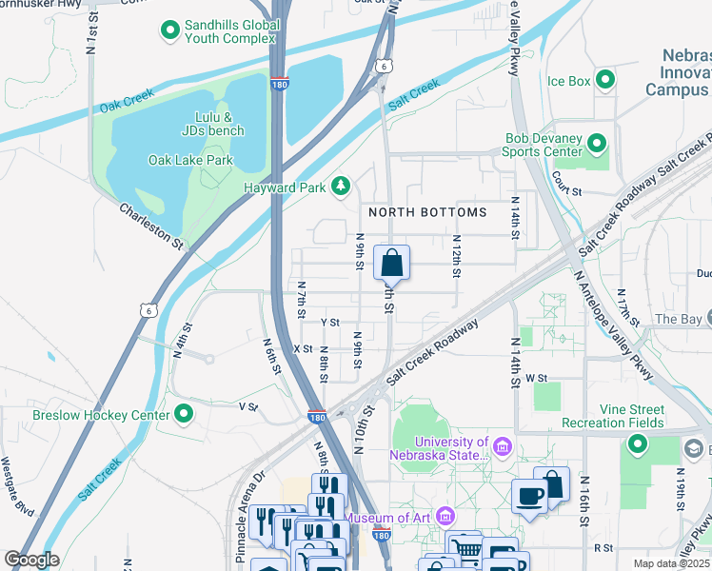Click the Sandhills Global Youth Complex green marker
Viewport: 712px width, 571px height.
pyautogui.click(x=170, y=31)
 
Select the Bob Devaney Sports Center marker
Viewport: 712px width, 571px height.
pyautogui.click(x=597, y=144)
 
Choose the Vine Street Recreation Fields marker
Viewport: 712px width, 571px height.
pyautogui.click(x=637, y=443)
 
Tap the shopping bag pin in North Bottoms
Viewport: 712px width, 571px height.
pyautogui.click(x=391, y=262)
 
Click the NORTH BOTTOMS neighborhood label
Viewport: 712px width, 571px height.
pyautogui.click(x=427, y=212)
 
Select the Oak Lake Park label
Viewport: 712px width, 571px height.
pyautogui.click(x=190, y=160)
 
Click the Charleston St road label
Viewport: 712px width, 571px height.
pyautogui.click(x=151, y=226)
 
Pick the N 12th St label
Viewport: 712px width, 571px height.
pyautogui.click(x=457, y=257)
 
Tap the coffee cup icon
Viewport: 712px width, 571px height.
pyautogui.click(x=530, y=495)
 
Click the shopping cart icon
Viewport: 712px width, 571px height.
pyautogui.click(x=465, y=548)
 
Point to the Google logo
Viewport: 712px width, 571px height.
pyautogui.click(x=32, y=560)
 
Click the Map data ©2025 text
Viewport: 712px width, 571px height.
pyautogui.click(x=672, y=562)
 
